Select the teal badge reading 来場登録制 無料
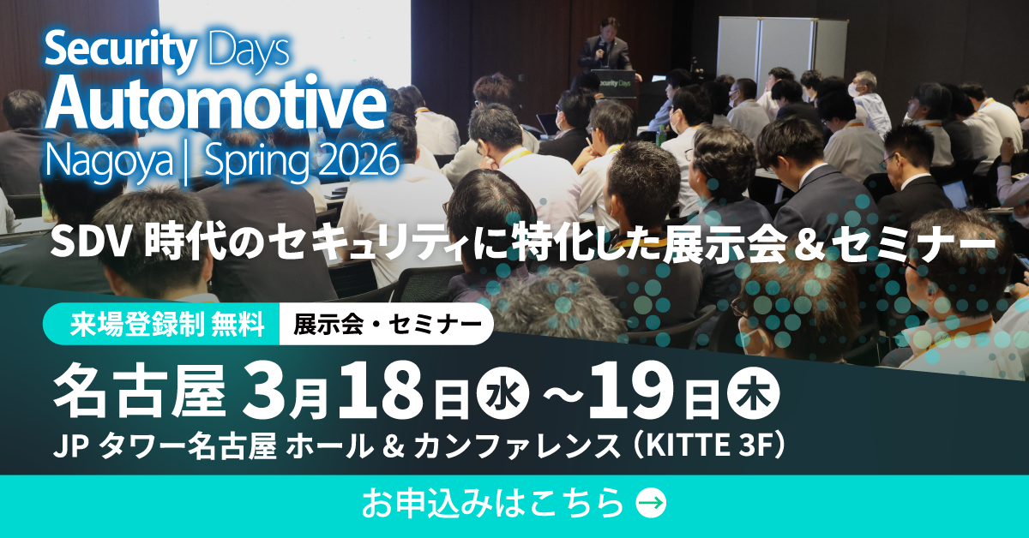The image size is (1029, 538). pos(163,325)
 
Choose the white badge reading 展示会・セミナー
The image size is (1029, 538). pos(387,325)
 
